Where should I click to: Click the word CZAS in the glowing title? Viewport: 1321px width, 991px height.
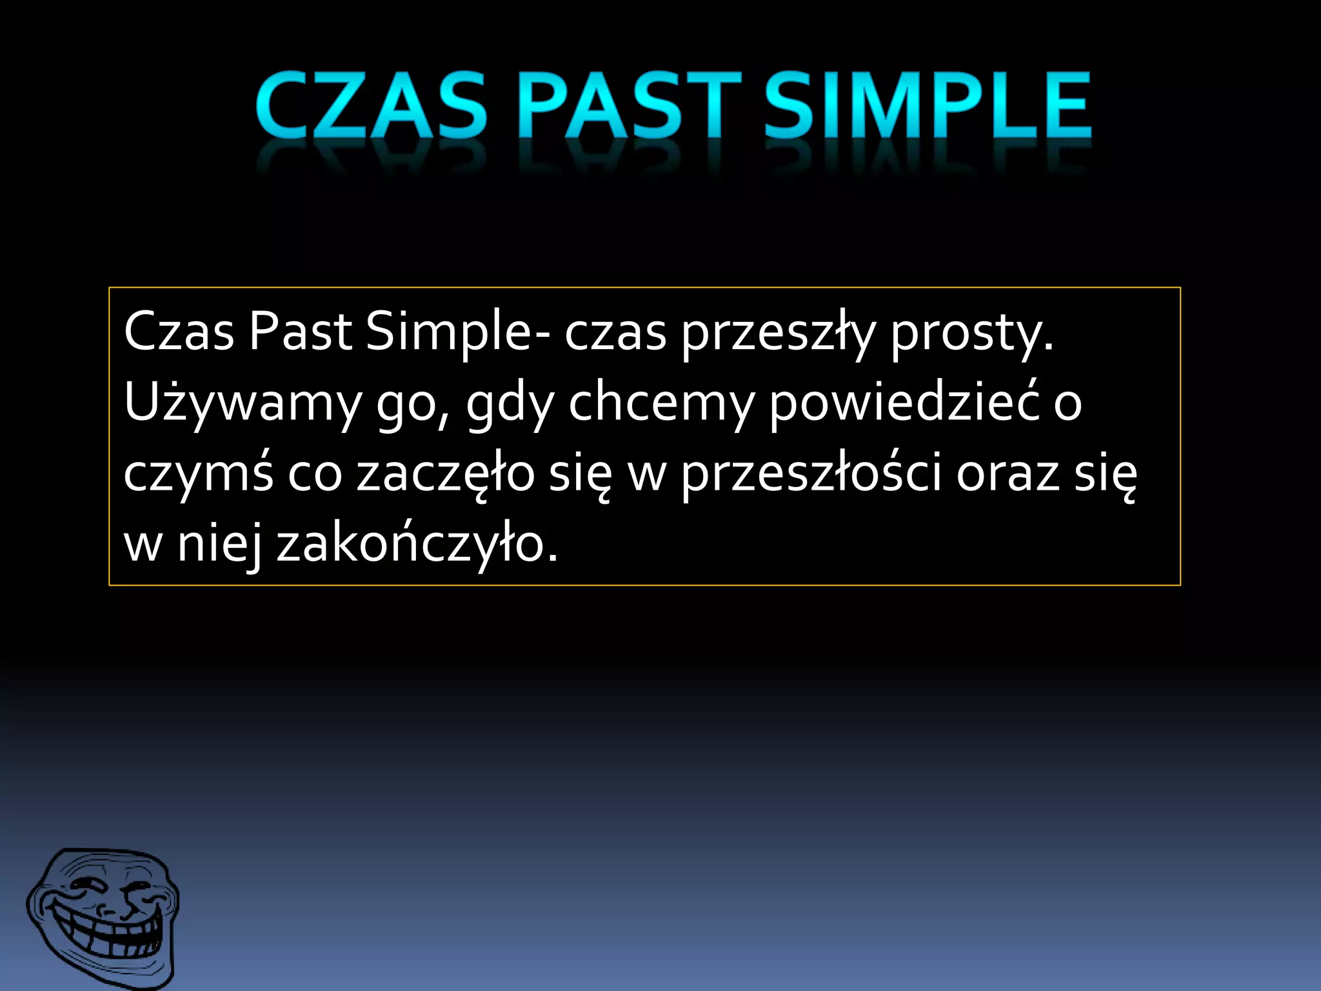[371, 106]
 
